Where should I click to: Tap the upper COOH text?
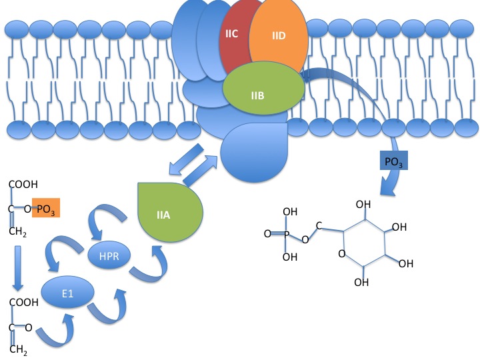(x=23, y=185)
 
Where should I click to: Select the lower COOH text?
(x=23, y=303)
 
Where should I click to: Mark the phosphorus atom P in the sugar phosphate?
(x=288, y=234)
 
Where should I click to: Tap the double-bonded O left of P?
(x=268, y=234)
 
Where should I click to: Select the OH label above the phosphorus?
(x=290, y=211)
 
